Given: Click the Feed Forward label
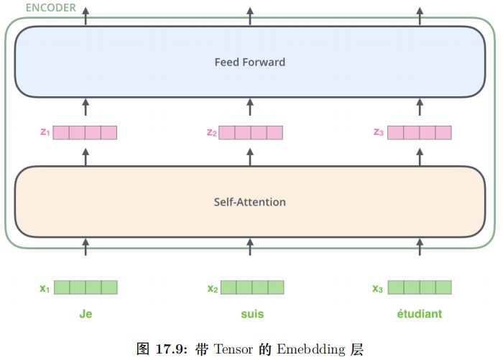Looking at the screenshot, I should tap(249, 63).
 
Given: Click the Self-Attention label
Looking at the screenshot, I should tap(249, 202).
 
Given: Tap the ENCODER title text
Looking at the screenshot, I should tap(51, 7).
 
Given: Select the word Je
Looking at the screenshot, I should tap(86, 314).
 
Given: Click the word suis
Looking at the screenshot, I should tap(252, 314).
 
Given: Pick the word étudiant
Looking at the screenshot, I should tap(419, 314).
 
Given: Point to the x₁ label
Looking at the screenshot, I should tap(45, 289).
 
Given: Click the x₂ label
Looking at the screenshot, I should tap(213, 289).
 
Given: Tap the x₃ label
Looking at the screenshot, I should tap(378, 289).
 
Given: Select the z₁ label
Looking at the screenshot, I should tap(45, 132).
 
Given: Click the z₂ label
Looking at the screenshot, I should tap(211, 132).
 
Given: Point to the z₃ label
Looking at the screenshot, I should tap(379, 132).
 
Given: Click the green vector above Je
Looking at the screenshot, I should tap(86, 288).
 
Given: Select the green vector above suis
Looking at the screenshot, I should tap(252, 288).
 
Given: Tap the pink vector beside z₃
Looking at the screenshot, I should tap(420, 132).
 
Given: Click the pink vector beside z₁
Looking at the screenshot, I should tap(85, 132).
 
